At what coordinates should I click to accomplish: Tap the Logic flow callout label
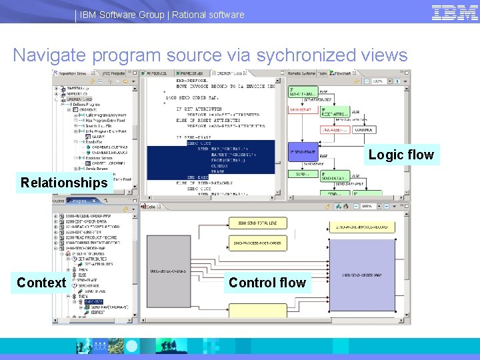[x=401, y=155]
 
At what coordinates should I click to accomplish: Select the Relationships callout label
[x=64, y=183]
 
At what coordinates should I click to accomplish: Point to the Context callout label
[x=41, y=283]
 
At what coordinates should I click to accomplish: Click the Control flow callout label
[x=267, y=283]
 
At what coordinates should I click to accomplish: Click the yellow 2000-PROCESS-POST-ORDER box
[x=257, y=243]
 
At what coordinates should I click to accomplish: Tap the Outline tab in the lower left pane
[x=59, y=200]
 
